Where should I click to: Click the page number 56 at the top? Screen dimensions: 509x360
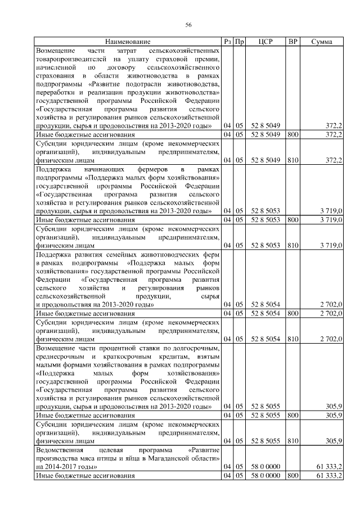tap(189, 24)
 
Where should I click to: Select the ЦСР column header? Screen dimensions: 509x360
tap(265, 42)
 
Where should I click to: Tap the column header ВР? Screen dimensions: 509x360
tap(292, 42)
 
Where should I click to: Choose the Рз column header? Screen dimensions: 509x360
tap(227, 42)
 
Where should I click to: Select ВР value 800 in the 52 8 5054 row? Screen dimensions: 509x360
tap(292, 313)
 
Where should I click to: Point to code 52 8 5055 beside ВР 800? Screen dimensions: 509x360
tap(265, 415)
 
